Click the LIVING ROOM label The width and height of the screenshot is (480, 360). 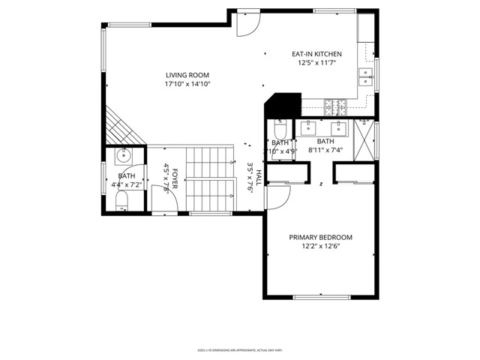pos(187,75)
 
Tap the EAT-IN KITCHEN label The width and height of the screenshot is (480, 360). pos(316,54)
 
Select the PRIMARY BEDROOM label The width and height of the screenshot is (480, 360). pos(320,237)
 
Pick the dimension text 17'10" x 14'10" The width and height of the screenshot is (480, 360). pos(187,85)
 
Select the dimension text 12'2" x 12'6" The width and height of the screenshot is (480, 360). pos(320,247)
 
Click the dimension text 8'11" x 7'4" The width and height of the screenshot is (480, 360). pos(325,151)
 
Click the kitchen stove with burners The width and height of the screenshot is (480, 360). pos(334,106)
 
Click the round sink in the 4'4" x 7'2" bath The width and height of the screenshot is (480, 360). pos(123,157)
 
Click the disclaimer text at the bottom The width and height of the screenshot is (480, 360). pos(239,349)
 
